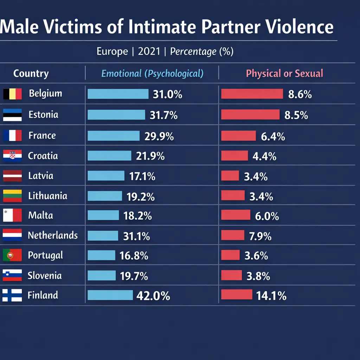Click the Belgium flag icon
coord(12,94)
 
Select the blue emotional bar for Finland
coord(110,295)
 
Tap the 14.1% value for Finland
coord(271,296)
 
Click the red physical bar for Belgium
coord(252,94)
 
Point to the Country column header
coord(31,73)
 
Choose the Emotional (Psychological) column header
coord(152,73)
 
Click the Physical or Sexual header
coord(284,73)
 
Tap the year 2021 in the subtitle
coord(149,52)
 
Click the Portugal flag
coord(12,255)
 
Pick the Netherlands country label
coord(53,235)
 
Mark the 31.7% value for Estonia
coord(163,115)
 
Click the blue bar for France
coord(114,136)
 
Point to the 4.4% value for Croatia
coord(264,156)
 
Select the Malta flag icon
coord(12,215)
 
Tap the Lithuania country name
coord(47,195)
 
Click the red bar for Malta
coord(236,215)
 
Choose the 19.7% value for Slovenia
coord(134,276)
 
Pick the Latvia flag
coord(12,175)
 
